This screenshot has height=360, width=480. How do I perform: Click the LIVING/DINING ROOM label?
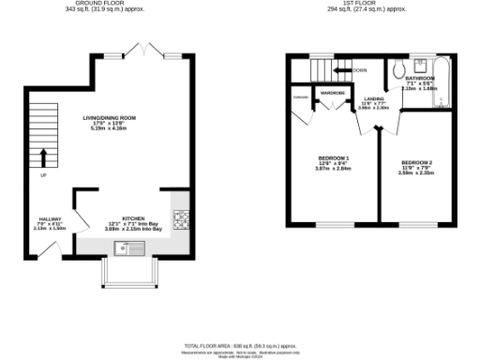tap(110, 117)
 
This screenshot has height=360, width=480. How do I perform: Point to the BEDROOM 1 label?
tap(334, 157)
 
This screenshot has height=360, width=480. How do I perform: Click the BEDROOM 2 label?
tap(415, 163)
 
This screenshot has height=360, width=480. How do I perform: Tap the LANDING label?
tap(373, 98)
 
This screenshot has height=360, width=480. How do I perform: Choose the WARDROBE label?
tap(333, 93)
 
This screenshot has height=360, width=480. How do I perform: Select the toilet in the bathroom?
tap(398, 68)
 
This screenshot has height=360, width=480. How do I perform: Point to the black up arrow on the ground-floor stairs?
tap(41, 157)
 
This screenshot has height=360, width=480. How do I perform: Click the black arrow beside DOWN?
tap(358, 70)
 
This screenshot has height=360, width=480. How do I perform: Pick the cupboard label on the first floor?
tap(301, 97)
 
